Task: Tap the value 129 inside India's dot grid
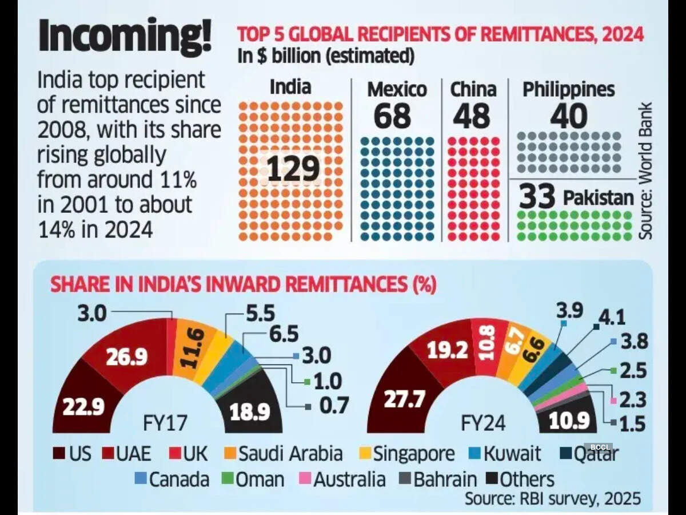pyautogui.click(x=292, y=168)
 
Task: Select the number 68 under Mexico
pyautogui.click(x=393, y=116)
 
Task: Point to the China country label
pyautogui.click(x=473, y=89)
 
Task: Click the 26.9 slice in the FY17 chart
pyautogui.click(x=127, y=356)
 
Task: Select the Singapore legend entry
pyautogui.click(x=407, y=454)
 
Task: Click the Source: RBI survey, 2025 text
pyautogui.click(x=552, y=498)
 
